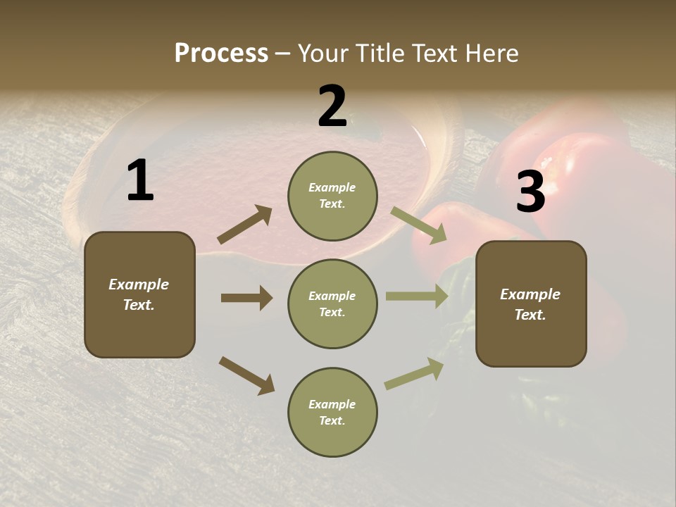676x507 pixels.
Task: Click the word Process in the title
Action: coord(221,54)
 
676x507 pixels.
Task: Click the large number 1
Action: coord(140,181)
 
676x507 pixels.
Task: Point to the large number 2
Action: coord(332,107)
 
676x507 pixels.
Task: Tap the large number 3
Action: coord(530,192)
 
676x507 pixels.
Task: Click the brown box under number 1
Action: coord(139,294)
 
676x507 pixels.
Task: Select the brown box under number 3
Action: coord(531,303)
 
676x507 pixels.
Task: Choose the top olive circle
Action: coord(332,196)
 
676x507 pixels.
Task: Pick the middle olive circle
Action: coord(332,303)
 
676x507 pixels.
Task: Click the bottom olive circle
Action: coord(332,412)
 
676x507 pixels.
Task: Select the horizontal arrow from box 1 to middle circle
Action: coord(246,298)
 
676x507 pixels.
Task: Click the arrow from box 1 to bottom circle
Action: coord(246,375)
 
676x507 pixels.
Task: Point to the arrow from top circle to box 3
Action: coord(419,225)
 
